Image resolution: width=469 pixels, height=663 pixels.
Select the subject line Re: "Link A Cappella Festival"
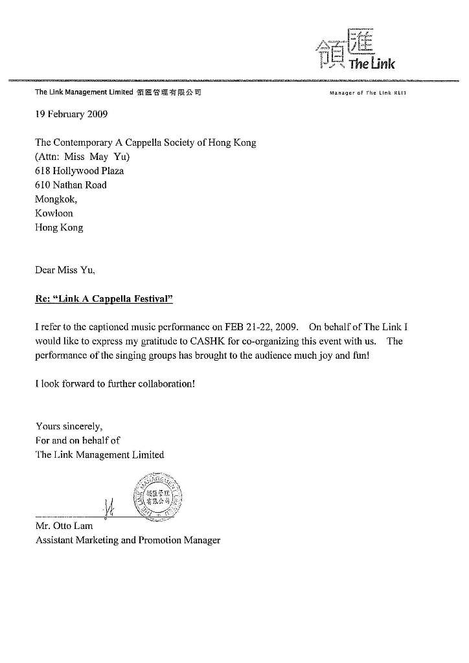pos(104,299)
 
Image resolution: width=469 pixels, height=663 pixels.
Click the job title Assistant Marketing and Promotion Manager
pos(128,540)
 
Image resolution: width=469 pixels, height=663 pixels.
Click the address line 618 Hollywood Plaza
pos(79,171)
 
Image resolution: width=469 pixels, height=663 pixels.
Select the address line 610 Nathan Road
pos(71,185)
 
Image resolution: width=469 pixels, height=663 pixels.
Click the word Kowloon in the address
pos(54,213)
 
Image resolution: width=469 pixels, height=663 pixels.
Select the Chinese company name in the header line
pos(168,93)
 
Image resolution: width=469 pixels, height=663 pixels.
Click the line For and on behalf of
pos(77,440)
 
